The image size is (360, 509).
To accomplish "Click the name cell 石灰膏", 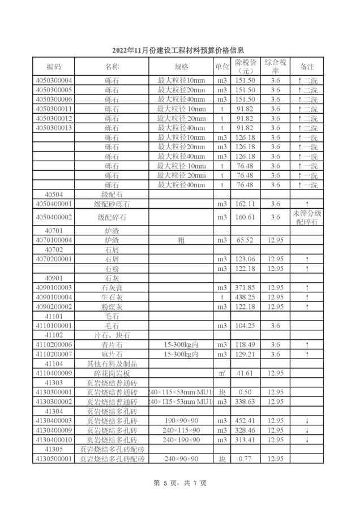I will pos(112,287).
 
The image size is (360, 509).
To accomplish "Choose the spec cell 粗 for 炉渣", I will pos(181,240).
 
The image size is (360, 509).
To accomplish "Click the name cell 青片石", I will pos(112,344).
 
